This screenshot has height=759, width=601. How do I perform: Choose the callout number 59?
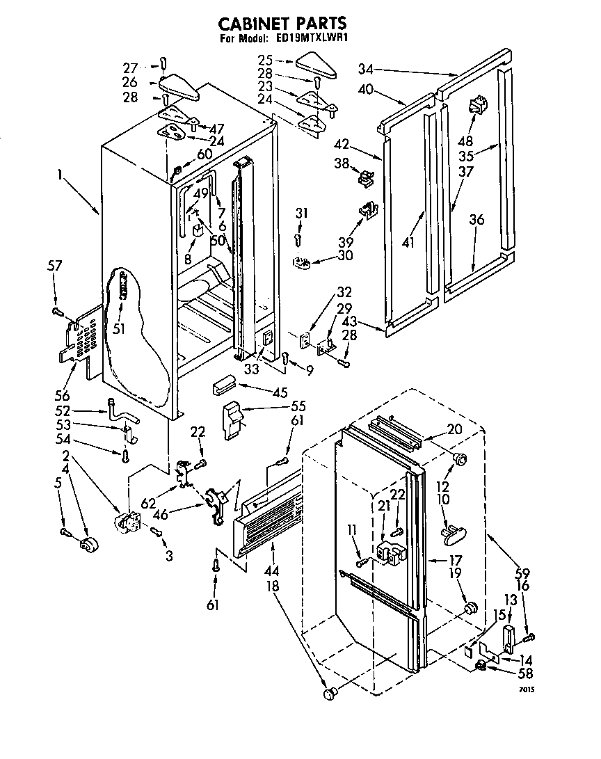pos(522,573)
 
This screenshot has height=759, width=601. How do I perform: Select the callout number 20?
pos(454,429)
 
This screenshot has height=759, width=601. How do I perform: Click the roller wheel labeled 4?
pos(88,545)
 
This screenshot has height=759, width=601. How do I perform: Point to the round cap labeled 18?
pos(331,693)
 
